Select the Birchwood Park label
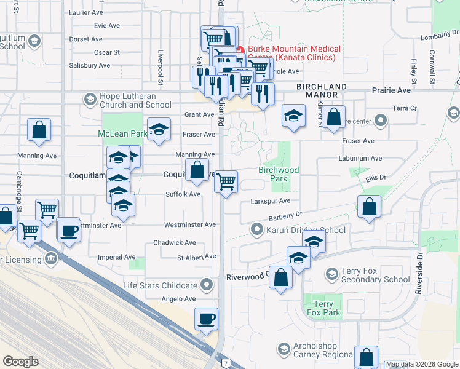click(279, 174)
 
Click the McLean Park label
click(122, 133)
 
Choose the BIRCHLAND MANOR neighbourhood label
click(321, 90)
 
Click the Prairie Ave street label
click(391, 90)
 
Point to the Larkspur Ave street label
click(270, 200)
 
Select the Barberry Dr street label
click(286, 216)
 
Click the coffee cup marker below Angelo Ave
click(207, 320)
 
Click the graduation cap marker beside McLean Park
click(159, 129)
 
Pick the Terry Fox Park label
click(323, 309)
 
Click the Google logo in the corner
click(20, 362)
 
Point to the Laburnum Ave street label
click(360, 158)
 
